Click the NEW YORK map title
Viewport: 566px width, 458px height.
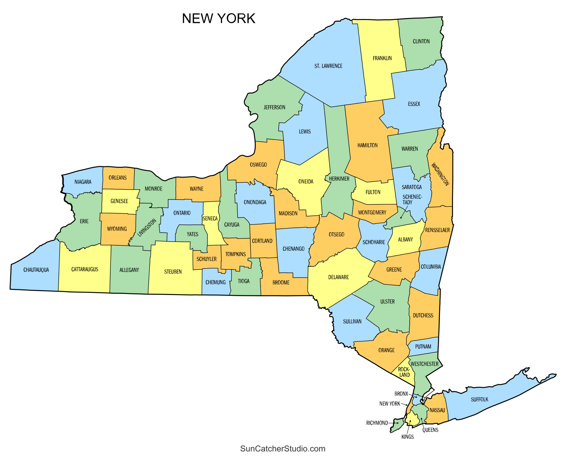(x=218, y=19)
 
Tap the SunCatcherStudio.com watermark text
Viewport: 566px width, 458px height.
(x=283, y=449)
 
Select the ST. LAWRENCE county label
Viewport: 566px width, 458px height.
(x=328, y=66)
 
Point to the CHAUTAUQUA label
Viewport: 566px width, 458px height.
(x=36, y=270)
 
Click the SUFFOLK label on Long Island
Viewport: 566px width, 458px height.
(x=479, y=400)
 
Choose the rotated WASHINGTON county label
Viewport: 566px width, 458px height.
(x=440, y=174)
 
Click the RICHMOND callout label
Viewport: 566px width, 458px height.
(x=377, y=423)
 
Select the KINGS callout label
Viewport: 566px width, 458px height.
(x=407, y=437)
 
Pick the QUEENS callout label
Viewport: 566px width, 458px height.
(x=430, y=430)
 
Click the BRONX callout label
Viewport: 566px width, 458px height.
(x=401, y=394)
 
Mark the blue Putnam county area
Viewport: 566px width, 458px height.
(x=423, y=346)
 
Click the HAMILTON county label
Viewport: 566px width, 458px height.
(x=367, y=145)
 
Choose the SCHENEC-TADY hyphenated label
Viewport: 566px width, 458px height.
(x=412, y=200)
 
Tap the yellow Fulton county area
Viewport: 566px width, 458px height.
(x=373, y=192)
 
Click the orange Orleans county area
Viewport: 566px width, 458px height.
(x=118, y=178)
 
